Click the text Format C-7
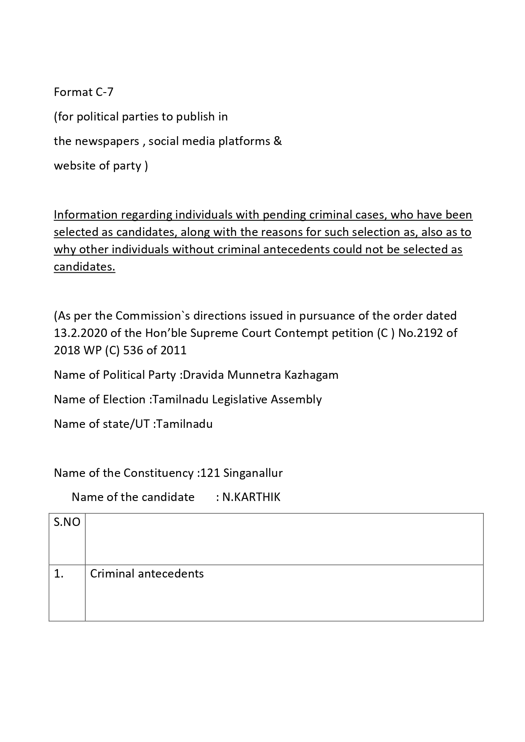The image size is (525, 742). click(x=83, y=92)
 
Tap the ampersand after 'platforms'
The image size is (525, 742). click(x=278, y=141)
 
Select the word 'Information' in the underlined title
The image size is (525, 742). click(x=86, y=215)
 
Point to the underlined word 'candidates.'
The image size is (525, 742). click(x=84, y=267)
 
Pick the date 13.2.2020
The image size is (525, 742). click(x=81, y=333)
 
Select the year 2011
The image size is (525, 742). click(x=173, y=350)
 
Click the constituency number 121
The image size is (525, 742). click(x=210, y=473)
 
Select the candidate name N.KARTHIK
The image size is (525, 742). click(x=251, y=497)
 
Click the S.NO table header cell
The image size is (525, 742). click(x=67, y=522)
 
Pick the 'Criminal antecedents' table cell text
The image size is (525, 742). click(x=147, y=574)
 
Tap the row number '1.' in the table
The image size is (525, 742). click(x=59, y=574)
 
